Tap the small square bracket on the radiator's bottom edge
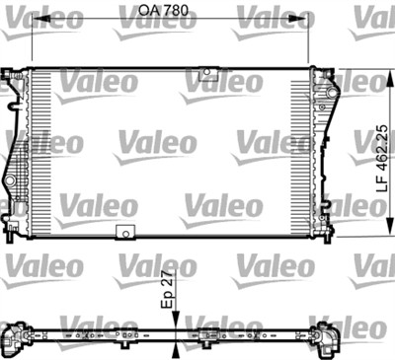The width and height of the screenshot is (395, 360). (x=124, y=233)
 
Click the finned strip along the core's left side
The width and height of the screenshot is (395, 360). (x=39, y=153)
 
